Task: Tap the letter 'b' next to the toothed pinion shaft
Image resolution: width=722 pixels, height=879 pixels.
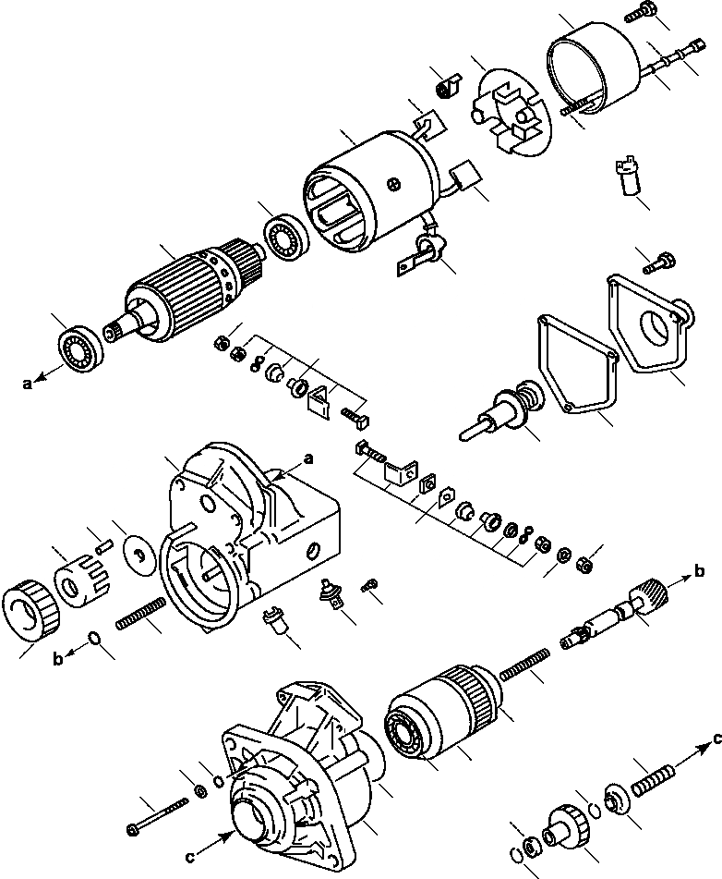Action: pyautogui.click(x=703, y=572)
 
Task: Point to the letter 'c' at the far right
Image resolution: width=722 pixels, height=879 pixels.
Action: pyautogui.click(x=716, y=739)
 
